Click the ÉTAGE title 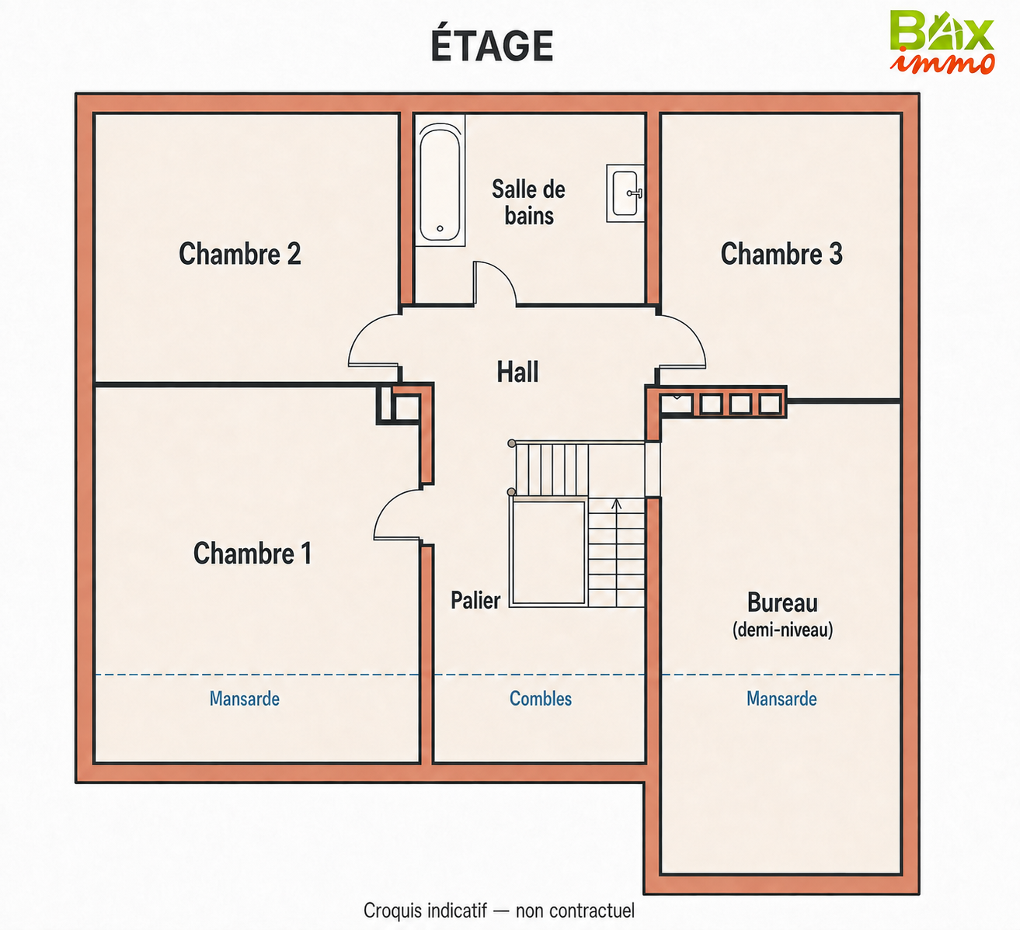(492, 46)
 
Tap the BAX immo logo (942, 42)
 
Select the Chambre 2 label (240, 253)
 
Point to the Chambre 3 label (782, 253)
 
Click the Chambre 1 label (252, 553)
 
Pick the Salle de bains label (529, 203)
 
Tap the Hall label (517, 372)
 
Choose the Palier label (475, 600)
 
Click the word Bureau (782, 603)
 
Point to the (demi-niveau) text (782, 630)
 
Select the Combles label (541, 699)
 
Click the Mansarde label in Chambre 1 (245, 699)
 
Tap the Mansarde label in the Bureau (782, 699)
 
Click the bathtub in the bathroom (440, 180)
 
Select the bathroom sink (625, 193)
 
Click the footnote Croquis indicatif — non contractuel (499, 910)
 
